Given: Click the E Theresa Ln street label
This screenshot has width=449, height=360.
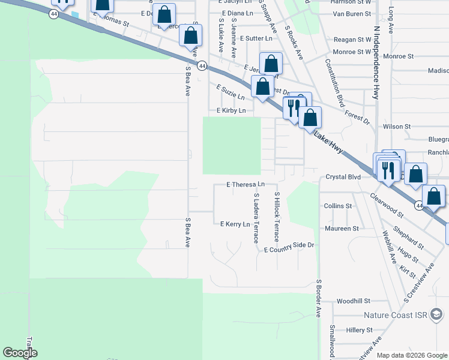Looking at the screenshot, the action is (245, 184).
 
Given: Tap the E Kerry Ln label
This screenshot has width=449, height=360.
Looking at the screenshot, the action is (235, 224).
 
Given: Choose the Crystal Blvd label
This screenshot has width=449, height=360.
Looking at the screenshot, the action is (343, 178).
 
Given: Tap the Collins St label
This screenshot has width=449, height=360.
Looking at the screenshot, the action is (337, 206).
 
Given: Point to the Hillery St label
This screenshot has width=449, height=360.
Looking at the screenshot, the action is (359, 330).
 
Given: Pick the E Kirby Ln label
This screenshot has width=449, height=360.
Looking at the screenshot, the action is (231, 111).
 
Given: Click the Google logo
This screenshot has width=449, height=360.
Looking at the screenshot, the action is (20, 353).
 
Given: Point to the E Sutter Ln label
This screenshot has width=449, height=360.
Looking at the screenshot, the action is (256, 38).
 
